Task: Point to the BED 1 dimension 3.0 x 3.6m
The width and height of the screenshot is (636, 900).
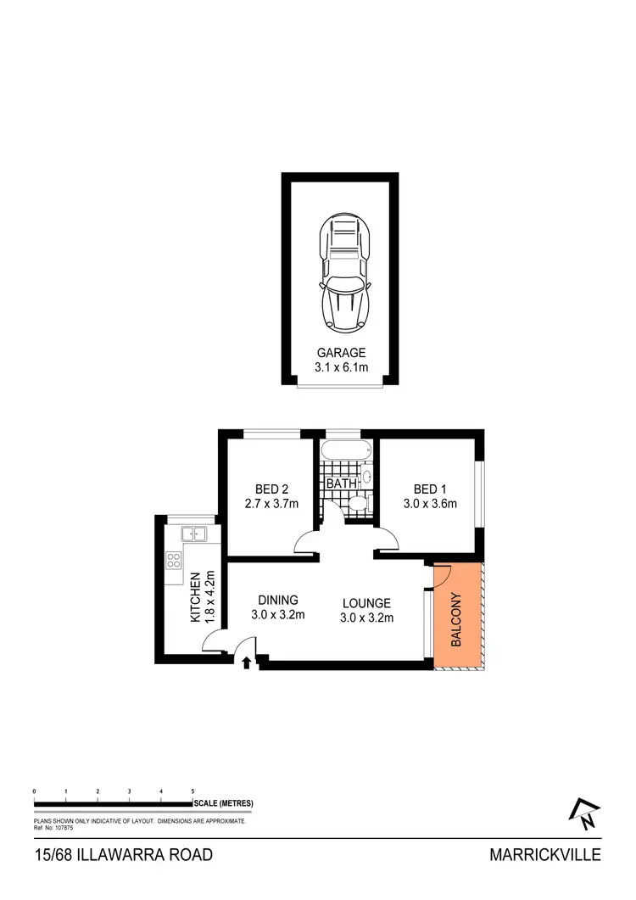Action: coord(430,504)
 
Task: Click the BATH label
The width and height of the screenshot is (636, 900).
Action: coord(340,484)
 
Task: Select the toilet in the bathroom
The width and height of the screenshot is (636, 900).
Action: coord(357,504)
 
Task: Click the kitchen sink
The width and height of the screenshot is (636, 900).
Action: coord(195,534)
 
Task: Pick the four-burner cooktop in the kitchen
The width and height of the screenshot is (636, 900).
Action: coord(174,560)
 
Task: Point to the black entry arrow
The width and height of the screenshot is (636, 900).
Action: coord(248,662)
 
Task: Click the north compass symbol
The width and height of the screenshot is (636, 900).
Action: coord(586,815)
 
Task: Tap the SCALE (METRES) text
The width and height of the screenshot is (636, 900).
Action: coord(223,803)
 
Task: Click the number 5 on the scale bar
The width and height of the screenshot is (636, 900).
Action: coord(193,791)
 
